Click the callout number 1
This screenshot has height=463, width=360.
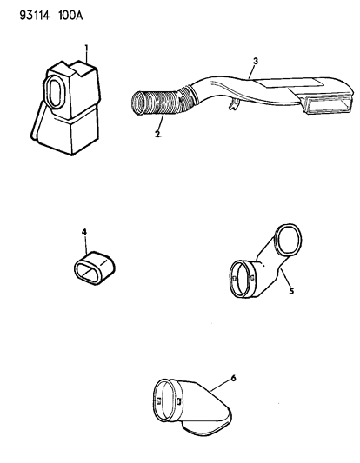pos(86,48)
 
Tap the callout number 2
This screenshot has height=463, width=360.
pos(157,134)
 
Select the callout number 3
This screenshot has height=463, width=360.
pos(256,61)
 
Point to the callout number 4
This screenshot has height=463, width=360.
pos(84,232)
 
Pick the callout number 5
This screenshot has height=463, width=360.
pos(291,291)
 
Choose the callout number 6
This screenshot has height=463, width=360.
pos(234,378)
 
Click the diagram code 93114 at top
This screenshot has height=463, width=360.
pos(34,16)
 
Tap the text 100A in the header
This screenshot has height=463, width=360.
pos(70,16)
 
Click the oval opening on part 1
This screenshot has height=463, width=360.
pos(54,90)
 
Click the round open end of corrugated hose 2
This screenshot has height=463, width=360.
pos(139,103)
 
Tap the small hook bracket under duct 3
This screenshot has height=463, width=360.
pos(233,104)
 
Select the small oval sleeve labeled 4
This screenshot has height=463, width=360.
pos(94,268)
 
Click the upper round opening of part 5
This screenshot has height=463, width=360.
pos(288,240)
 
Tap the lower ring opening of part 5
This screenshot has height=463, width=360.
pos(241,279)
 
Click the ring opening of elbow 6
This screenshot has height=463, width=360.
pos(166,400)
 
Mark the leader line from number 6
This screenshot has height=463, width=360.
pos(220,387)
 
